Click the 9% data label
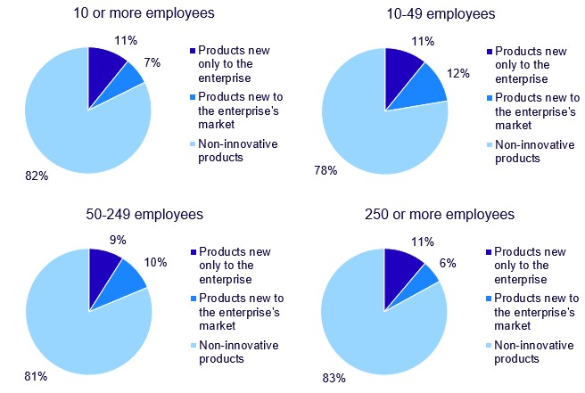(117, 240)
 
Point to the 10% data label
(157, 262)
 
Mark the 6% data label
(449, 266)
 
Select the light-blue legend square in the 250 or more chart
(486, 346)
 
